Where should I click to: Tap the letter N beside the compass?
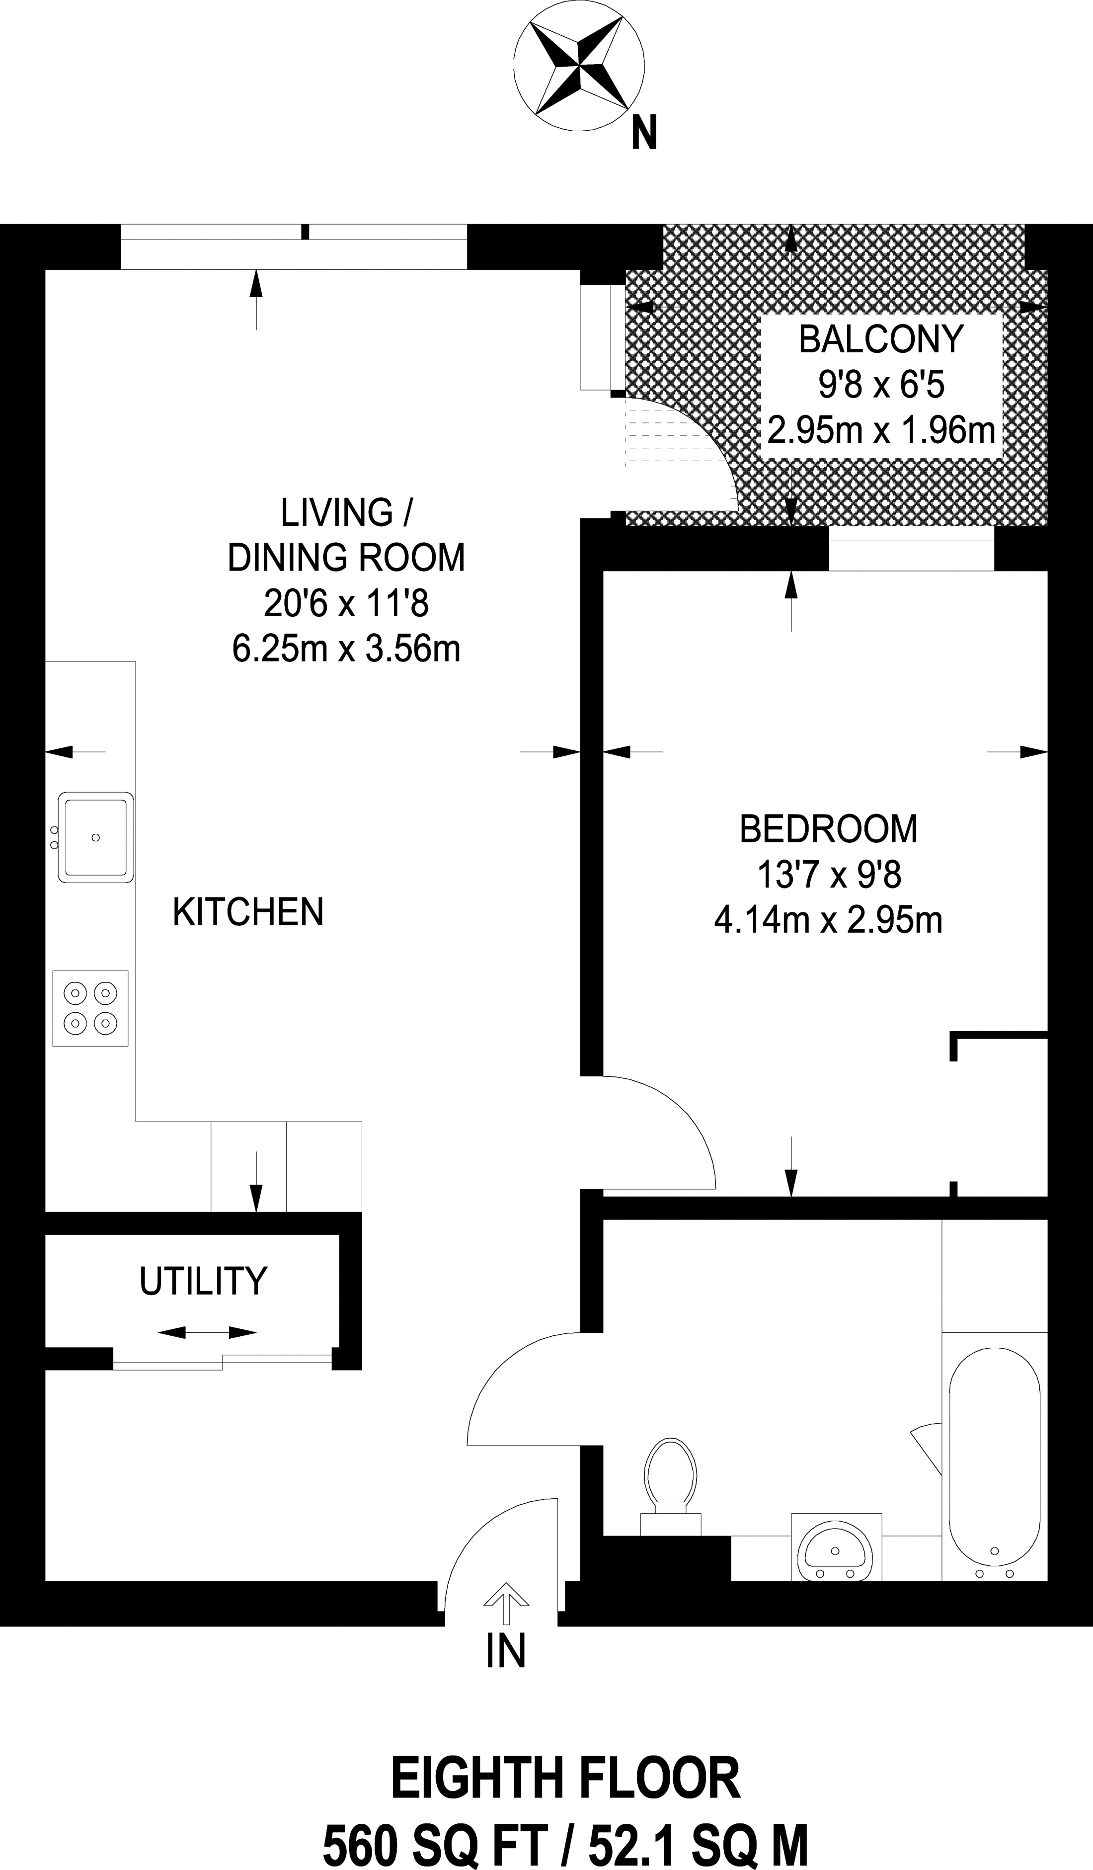click(644, 134)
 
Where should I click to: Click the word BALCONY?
click(881, 338)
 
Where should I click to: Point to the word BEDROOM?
click(828, 829)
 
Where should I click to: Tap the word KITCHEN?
click(248, 911)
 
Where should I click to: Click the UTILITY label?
click(203, 1281)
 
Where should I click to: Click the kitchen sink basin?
click(96, 837)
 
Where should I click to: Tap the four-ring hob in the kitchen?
click(90, 1008)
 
